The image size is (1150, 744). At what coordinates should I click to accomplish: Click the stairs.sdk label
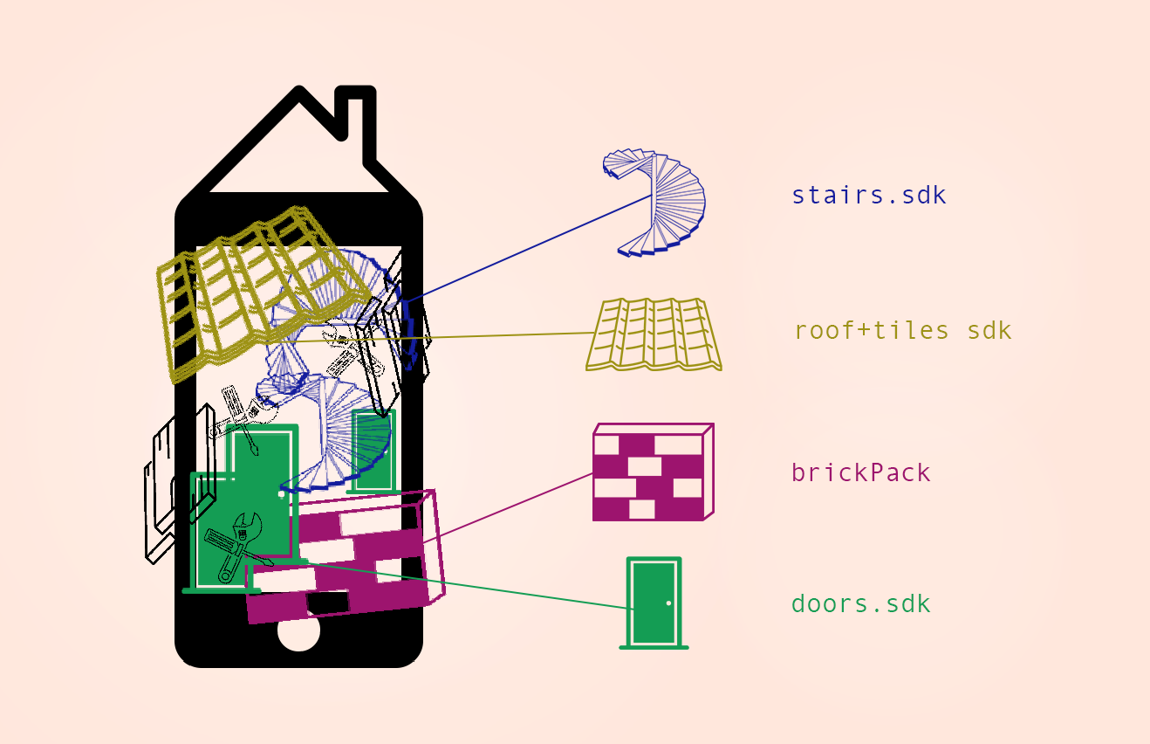pos(869,196)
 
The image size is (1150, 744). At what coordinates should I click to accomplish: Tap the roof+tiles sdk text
pos(903,330)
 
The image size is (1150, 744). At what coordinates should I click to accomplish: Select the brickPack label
pos(861,472)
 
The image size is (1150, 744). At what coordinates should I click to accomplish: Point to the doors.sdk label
pos(861,603)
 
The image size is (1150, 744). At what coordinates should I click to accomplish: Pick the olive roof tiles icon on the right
pos(654,334)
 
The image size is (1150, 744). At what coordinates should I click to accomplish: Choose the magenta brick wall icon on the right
pos(653,472)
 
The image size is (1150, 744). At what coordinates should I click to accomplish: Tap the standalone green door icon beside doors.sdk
pos(654,603)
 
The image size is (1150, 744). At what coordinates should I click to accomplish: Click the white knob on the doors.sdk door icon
pos(668,603)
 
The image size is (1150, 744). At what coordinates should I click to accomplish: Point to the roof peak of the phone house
pos(298,88)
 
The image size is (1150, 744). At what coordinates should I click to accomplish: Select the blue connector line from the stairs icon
pos(527,248)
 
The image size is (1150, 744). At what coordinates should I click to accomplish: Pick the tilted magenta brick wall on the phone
pos(345,557)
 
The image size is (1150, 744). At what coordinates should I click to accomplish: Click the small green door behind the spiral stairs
pos(373,451)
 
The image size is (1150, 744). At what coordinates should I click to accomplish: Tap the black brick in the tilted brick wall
pos(327,603)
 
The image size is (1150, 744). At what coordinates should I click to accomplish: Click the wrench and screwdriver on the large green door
pos(237,548)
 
